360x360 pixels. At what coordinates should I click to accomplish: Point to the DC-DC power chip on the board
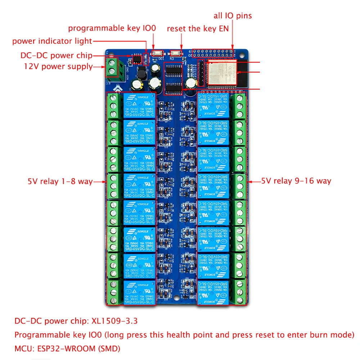(137, 59)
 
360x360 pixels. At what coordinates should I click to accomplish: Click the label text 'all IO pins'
(233, 15)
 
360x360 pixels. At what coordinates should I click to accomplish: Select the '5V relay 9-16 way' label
(296, 181)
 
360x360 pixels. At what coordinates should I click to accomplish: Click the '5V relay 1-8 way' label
(60, 181)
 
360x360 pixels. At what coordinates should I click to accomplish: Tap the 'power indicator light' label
(52, 41)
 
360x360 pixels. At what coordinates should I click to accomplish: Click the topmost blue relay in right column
(213, 105)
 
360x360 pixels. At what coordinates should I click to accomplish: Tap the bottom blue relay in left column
(140, 293)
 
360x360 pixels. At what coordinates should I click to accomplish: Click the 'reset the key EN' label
(198, 29)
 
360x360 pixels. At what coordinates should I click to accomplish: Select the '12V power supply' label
(58, 67)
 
